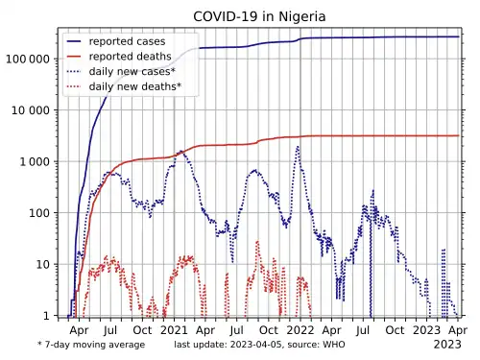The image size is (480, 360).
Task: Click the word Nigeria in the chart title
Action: click(x=302, y=16)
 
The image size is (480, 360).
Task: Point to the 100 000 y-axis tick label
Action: click(x=28, y=60)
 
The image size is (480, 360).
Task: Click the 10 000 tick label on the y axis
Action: click(x=31, y=110)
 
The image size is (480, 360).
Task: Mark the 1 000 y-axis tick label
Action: click(x=35, y=162)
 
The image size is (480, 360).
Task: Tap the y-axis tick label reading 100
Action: click(x=39, y=213)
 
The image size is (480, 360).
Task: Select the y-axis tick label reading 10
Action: click(x=43, y=265)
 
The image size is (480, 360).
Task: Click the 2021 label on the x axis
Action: click(x=174, y=330)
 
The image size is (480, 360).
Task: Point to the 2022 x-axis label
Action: click(x=300, y=330)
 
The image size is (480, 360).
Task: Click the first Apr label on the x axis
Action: click(x=79, y=330)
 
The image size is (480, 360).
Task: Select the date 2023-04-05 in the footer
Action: click(x=256, y=345)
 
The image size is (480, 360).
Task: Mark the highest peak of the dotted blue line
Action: click(x=298, y=147)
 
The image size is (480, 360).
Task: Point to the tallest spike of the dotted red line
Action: click(x=257, y=242)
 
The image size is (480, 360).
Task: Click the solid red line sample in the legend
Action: click(x=74, y=57)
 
